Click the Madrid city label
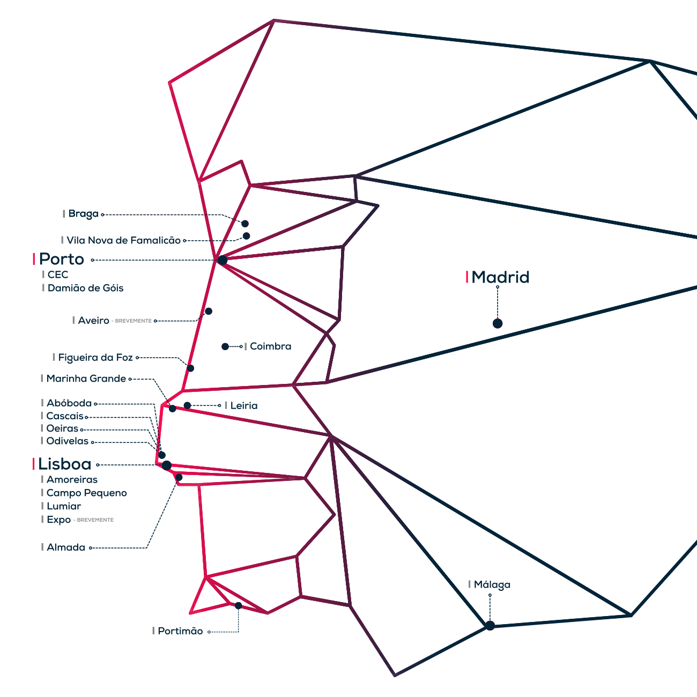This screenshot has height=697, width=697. pyautogui.click(x=500, y=277)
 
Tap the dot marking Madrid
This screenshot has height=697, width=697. pyautogui.click(x=498, y=323)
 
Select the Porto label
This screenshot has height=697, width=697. pyautogui.click(x=62, y=259)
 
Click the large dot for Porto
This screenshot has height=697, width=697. pyautogui.click(x=223, y=260)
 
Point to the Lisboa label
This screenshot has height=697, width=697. pyautogui.click(x=65, y=464)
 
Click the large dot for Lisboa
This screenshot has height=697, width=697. pyautogui.click(x=167, y=465)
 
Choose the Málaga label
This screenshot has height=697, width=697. pyautogui.click(x=492, y=585)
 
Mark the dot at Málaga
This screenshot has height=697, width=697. pyautogui.click(x=490, y=625)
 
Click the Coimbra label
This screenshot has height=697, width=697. pyautogui.click(x=270, y=346)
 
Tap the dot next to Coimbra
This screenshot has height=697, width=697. pyautogui.click(x=225, y=347)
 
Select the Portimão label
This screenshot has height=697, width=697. pyautogui.click(x=180, y=631)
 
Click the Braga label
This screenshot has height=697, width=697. pyautogui.click(x=83, y=214)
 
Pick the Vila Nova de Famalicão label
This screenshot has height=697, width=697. pyautogui.click(x=123, y=241)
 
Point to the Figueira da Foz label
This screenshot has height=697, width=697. pyautogui.click(x=95, y=358)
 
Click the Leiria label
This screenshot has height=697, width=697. pyautogui.click(x=243, y=406)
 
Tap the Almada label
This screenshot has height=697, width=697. pyautogui.click(x=65, y=547)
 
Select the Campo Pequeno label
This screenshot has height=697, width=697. pyautogui.click(x=86, y=493)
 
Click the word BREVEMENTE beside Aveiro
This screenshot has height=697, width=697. pyautogui.click(x=134, y=321)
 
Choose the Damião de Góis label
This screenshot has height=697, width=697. pyautogui.click(x=85, y=288)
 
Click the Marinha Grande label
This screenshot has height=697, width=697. pyautogui.click(x=86, y=379)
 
